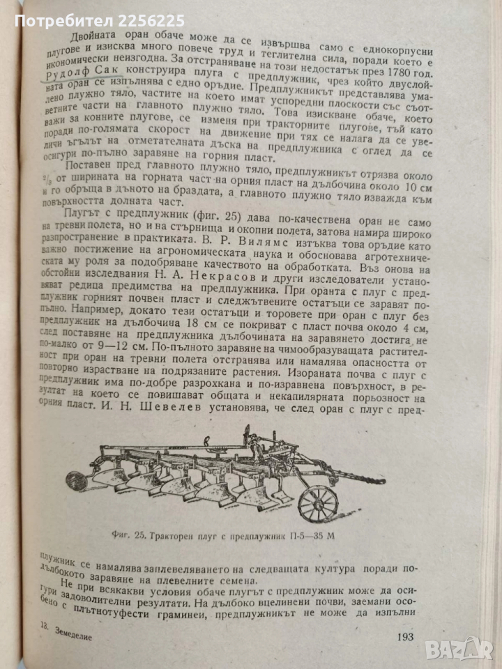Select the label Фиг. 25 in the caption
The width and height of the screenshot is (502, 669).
click(x=130, y=537)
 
